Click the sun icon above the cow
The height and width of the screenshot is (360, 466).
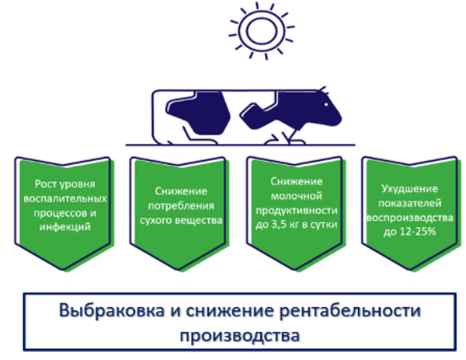tap(262, 31)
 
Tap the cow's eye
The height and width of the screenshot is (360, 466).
tap(326, 105)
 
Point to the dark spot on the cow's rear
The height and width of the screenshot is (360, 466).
tap(199, 113)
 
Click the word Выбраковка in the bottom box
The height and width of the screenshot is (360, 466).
tap(111, 310)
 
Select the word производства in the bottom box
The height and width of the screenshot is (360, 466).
tap(239, 336)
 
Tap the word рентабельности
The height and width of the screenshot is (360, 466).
tap(350, 310)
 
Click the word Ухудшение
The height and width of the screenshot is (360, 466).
tap(409, 189)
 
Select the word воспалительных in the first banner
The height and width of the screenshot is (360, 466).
tap(65, 198)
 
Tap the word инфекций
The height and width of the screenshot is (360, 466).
tap(65, 227)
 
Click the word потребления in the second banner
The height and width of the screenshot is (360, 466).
tap(181, 206)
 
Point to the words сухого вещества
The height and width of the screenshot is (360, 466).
tap(181, 220)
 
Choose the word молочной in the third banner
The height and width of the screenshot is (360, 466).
tap(296, 196)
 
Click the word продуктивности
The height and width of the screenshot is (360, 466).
tap(296, 210)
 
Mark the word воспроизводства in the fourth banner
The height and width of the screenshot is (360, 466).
tap(409, 218)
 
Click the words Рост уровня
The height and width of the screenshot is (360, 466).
tap(65, 184)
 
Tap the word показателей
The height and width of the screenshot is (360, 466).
tap(409, 203)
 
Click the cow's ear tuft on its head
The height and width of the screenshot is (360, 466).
tap(323, 90)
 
